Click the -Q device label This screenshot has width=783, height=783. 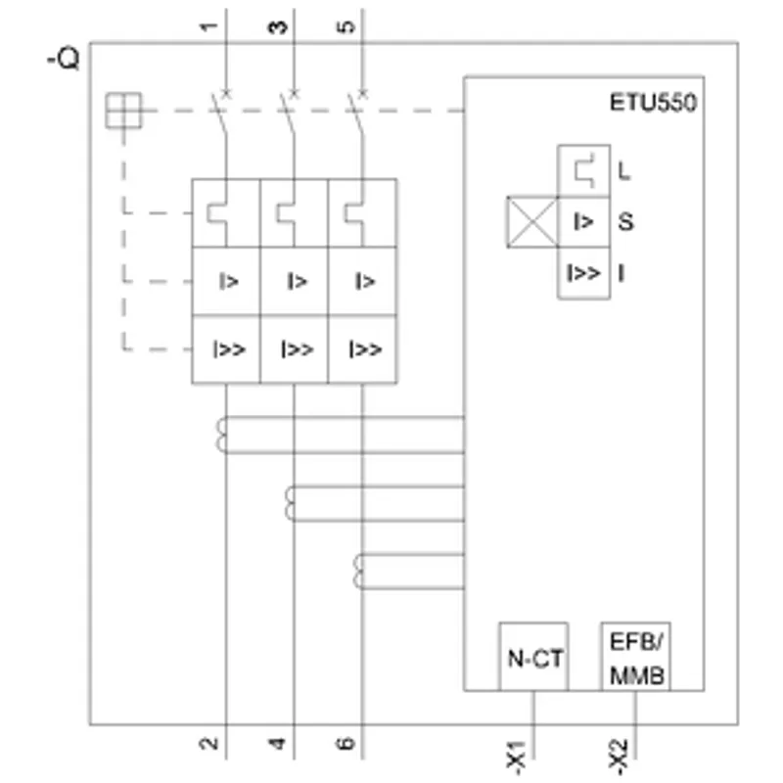point(64,59)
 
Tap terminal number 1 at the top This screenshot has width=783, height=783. point(209,26)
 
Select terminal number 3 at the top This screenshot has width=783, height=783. point(278,26)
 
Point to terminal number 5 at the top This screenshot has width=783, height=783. point(346,26)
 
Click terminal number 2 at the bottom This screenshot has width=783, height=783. point(208,744)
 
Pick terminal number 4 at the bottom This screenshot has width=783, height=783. point(277,744)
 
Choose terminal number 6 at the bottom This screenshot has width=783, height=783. point(345,744)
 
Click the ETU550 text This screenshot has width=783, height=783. point(653,103)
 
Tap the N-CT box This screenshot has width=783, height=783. point(533,657)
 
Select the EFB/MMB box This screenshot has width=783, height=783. point(635,657)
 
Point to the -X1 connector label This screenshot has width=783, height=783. point(516,758)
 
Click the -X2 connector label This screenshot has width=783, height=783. point(618,757)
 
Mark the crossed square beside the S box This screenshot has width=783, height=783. point(532,222)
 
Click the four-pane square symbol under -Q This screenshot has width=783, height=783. point(123,111)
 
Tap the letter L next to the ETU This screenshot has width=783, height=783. point(624,171)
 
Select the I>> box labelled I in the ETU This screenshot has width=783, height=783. point(583,273)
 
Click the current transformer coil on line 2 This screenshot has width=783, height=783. point(221,435)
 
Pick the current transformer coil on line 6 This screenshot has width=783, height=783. point(358,572)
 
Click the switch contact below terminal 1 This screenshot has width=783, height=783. point(220,114)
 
